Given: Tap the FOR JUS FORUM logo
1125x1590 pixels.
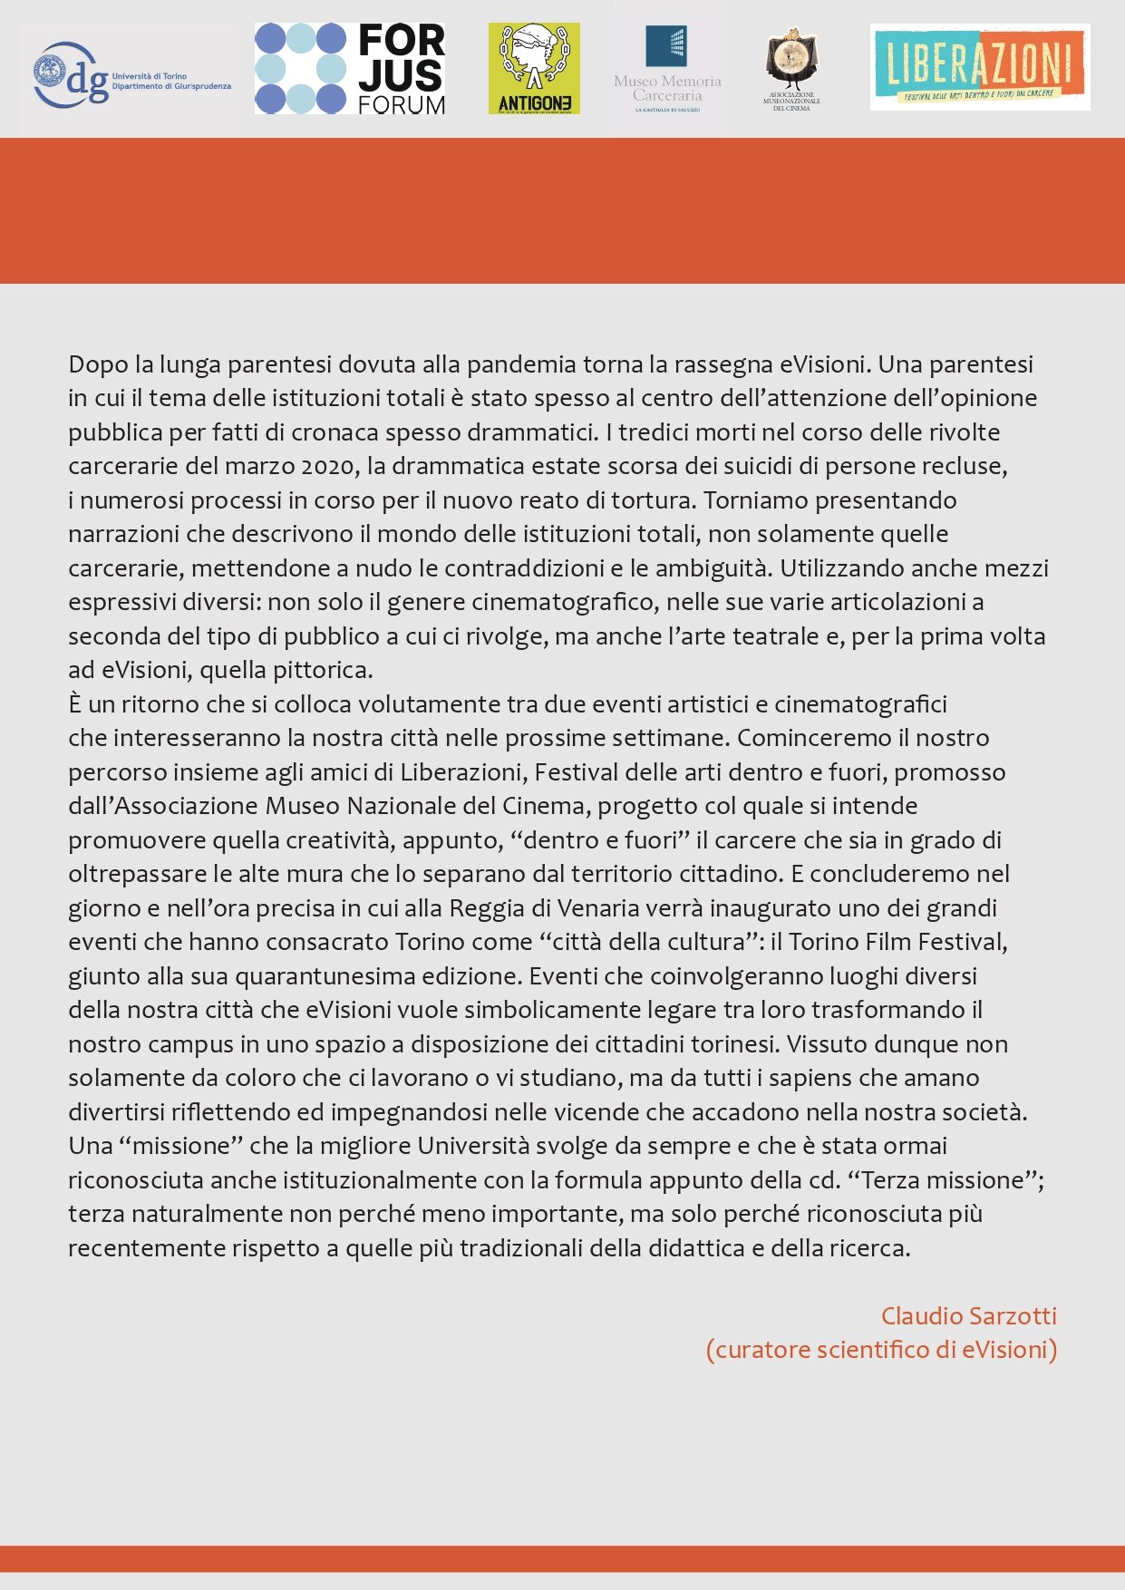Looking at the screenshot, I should pyautogui.click(x=350, y=69).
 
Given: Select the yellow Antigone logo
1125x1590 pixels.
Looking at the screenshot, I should pyautogui.click(x=534, y=69).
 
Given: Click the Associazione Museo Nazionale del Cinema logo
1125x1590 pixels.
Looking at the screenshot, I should pyautogui.click(x=791, y=69).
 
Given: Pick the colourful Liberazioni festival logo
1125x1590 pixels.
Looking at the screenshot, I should pyautogui.click(x=979, y=67).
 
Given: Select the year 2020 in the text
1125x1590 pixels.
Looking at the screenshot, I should pyautogui.click(x=326, y=467).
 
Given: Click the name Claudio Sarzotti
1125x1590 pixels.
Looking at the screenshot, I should pyautogui.click(x=968, y=1316).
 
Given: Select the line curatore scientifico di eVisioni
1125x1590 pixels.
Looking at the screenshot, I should pyautogui.click(x=881, y=1350).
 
